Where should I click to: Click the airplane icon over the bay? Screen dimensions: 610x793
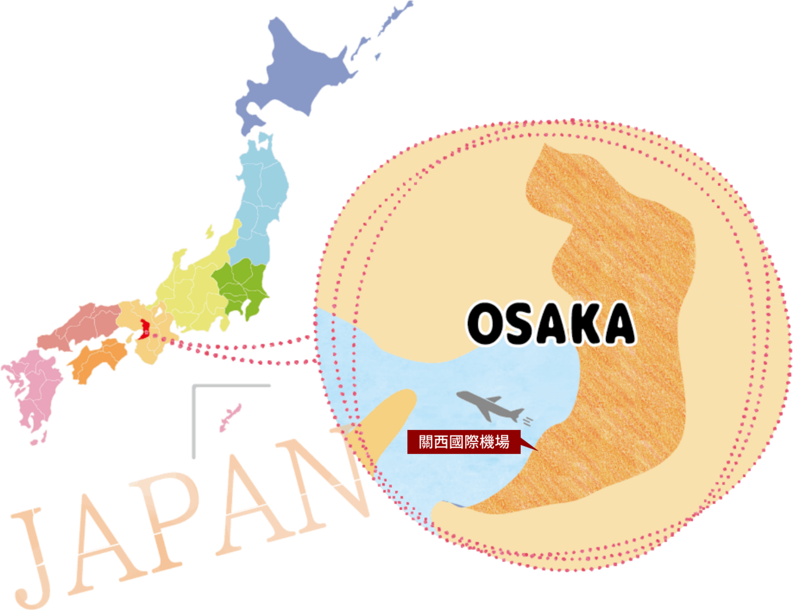pos(488,406)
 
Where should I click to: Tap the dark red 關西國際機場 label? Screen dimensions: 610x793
pos(464,442)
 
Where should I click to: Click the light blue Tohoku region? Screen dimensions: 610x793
pos(262,202)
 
